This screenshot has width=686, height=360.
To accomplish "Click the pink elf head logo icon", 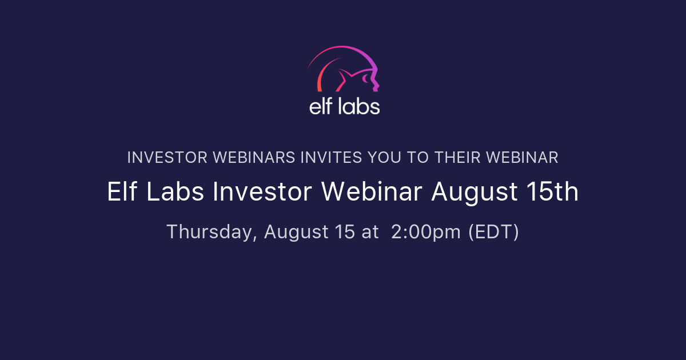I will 344,70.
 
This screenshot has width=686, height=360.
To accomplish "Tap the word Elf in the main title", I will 121,193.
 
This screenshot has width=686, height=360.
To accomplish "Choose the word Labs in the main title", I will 174,193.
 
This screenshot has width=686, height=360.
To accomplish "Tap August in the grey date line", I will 296,233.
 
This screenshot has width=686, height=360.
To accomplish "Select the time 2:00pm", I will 425,232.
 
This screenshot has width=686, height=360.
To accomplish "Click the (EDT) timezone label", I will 493,232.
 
